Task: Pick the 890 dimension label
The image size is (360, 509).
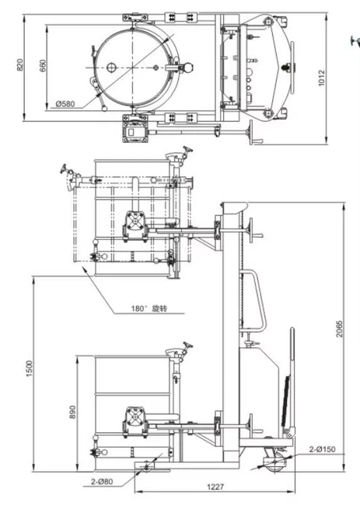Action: (x=73, y=411)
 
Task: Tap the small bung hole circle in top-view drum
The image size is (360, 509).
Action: (x=111, y=68)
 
